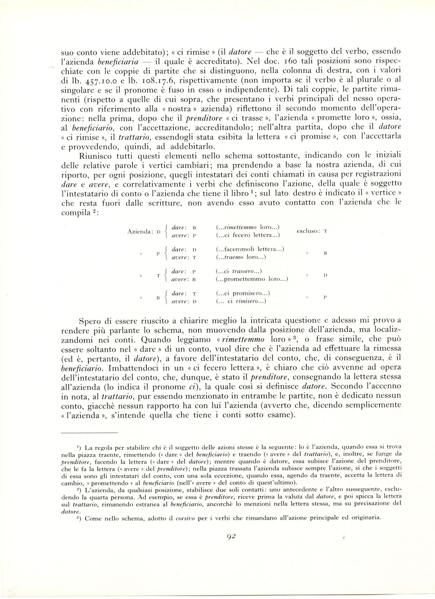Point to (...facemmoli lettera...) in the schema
(249, 249)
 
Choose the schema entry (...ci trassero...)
(238, 271)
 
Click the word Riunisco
(93, 155)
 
